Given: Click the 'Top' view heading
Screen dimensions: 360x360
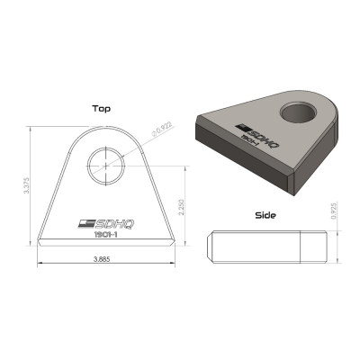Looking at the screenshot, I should pos(102,108).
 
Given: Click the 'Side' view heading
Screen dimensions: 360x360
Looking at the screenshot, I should pos(265,216).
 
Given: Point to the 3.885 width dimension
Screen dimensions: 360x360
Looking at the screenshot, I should pos(107,259).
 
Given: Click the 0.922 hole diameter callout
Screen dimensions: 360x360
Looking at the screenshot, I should pos(161,134).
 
